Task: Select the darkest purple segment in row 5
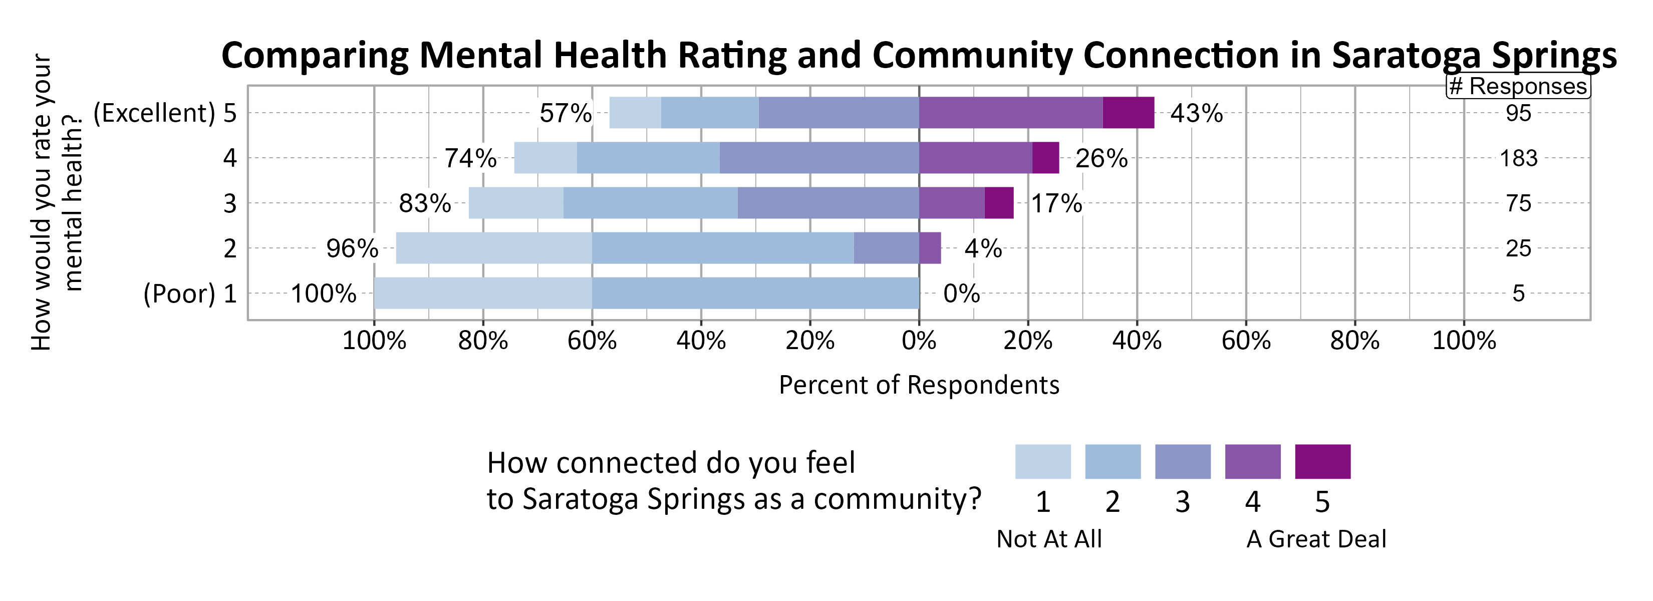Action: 1128,113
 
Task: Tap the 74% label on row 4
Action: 470,158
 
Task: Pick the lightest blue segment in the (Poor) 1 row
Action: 482,293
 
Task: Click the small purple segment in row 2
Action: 930,248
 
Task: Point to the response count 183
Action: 1518,158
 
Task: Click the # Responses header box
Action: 1518,86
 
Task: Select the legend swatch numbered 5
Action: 1322,461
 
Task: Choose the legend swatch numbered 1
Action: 1043,461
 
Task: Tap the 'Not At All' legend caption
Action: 1048,539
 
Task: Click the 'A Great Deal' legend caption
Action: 1315,539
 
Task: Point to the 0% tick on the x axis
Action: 919,340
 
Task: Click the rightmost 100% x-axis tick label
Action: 1464,340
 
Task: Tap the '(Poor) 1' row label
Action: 190,294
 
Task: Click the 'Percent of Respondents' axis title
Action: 919,385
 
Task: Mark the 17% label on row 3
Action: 1056,203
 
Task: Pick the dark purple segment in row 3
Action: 999,203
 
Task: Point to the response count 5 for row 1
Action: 1518,294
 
